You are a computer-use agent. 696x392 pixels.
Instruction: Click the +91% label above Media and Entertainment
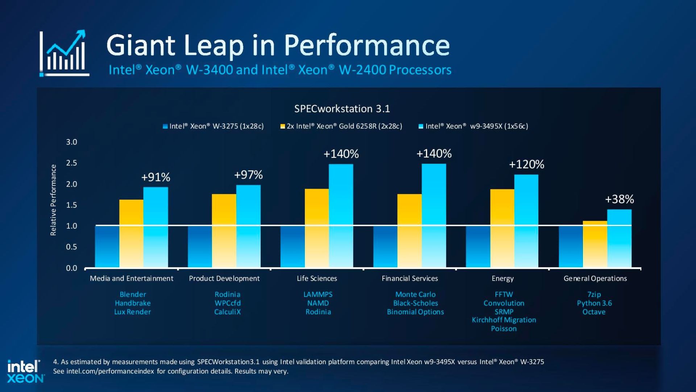click(x=156, y=177)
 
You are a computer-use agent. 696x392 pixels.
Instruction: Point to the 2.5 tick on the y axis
click(x=71, y=163)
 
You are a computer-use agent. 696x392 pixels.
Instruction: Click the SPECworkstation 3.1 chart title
click(x=342, y=109)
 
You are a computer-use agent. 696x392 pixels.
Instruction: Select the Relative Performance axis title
click(x=53, y=200)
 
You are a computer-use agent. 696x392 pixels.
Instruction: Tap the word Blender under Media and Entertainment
click(x=133, y=294)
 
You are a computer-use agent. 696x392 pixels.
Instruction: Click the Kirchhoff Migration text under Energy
click(x=504, y=320)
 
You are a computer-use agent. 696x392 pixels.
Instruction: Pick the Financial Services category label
click(x=410, y=278)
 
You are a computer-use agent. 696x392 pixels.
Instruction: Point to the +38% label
click(x=619, y=199)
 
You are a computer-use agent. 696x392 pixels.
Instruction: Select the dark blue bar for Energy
click(x=478, y=247)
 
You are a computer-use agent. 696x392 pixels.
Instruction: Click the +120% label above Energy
click(x=526, y=164)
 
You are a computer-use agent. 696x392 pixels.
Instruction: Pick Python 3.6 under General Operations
click(x=594, y=303)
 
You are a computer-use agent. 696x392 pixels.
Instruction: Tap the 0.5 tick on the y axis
click(x=71, y=247)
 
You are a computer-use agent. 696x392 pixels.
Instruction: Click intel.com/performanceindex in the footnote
click(x=110, y=371)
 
